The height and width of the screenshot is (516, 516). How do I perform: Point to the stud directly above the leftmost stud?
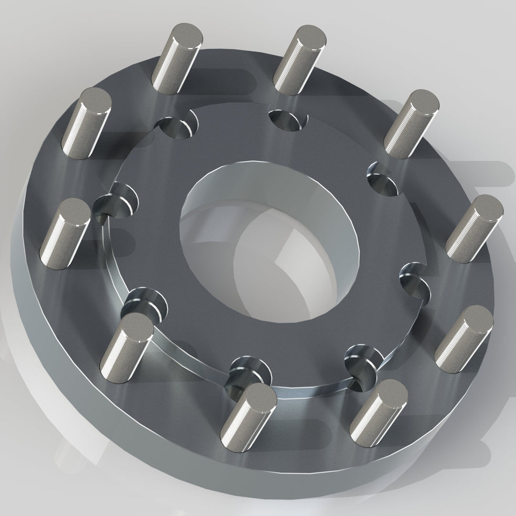(x=88, y=122)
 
